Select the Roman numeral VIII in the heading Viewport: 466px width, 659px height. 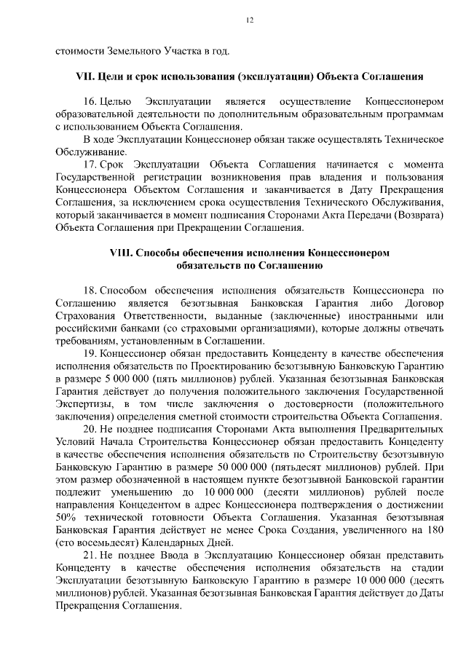click(x=120, y=252)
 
